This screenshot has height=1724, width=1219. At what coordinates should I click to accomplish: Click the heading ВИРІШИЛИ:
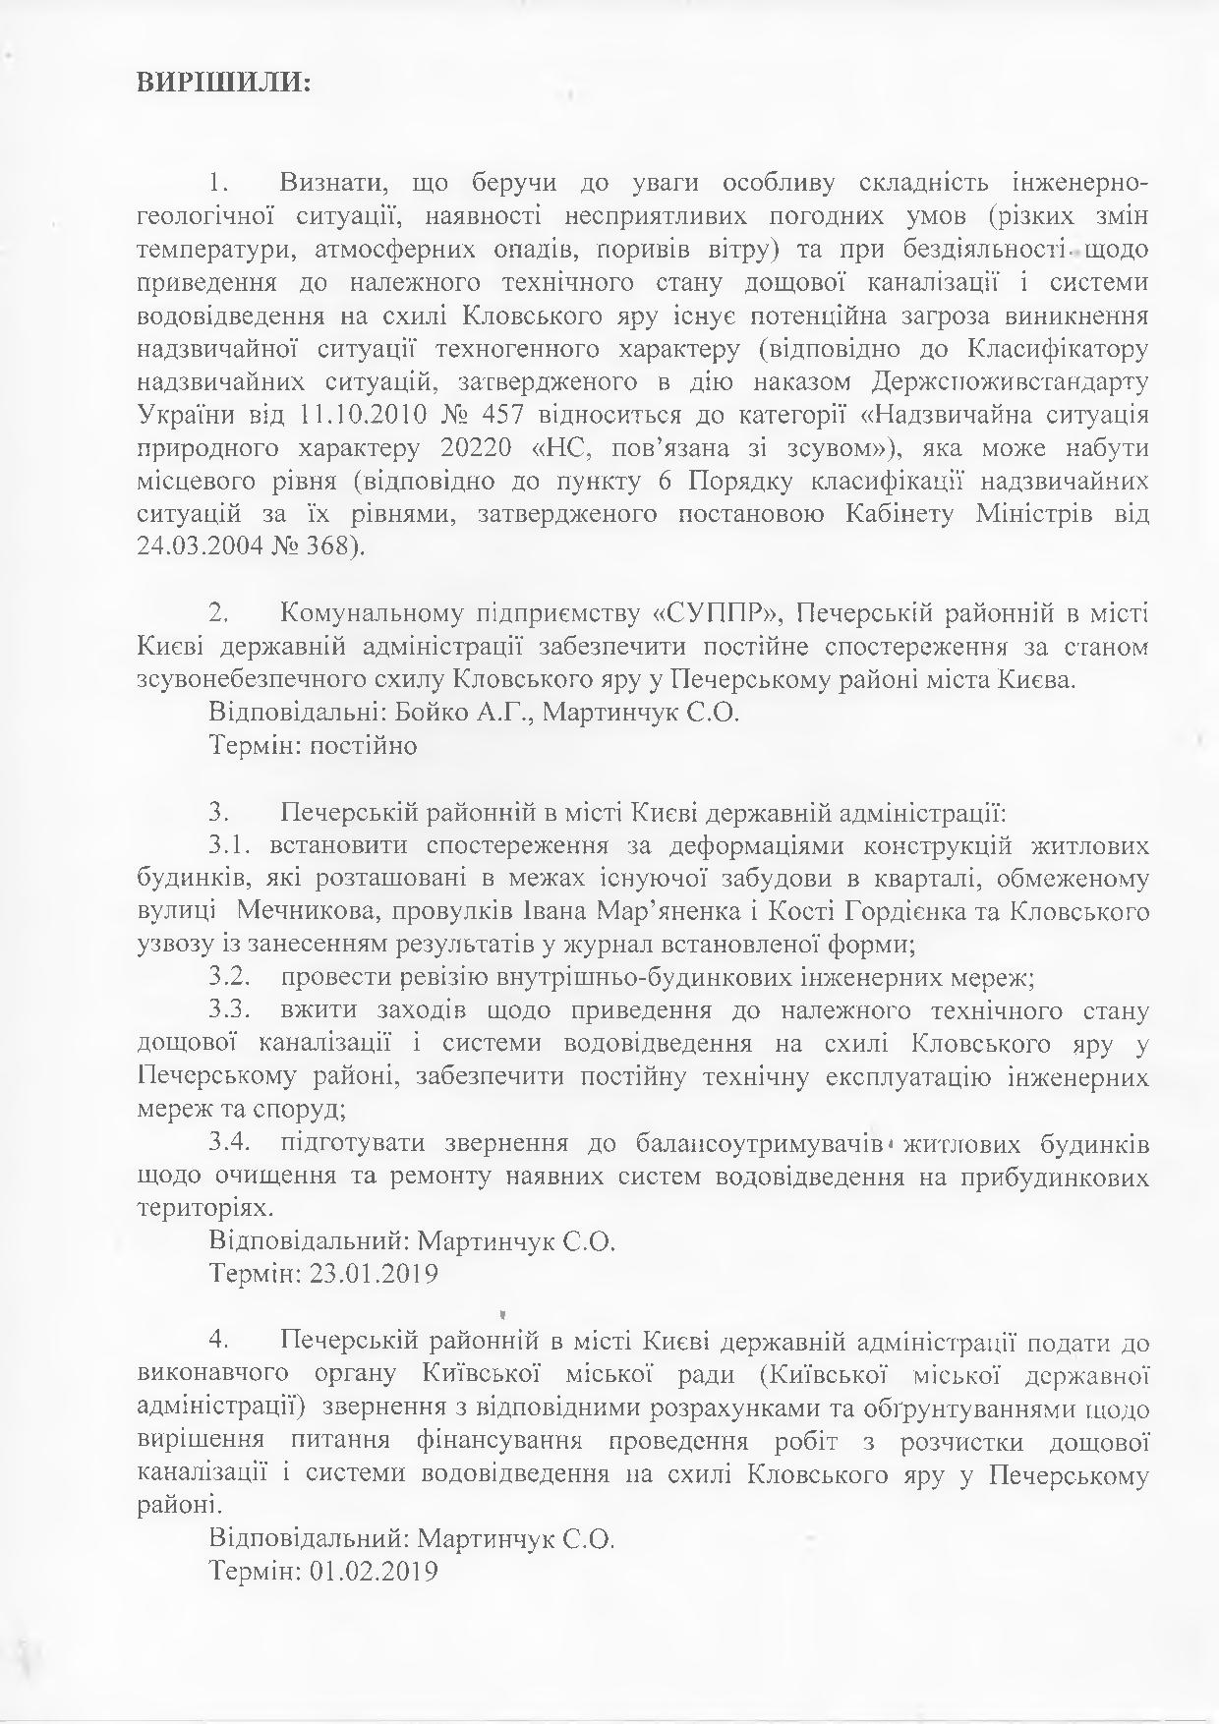click(x=223, y=84)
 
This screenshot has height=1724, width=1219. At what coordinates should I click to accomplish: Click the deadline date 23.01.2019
click(x=373, y=1276)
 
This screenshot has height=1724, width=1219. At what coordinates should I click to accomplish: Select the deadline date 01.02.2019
click(x=373, y=1571)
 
